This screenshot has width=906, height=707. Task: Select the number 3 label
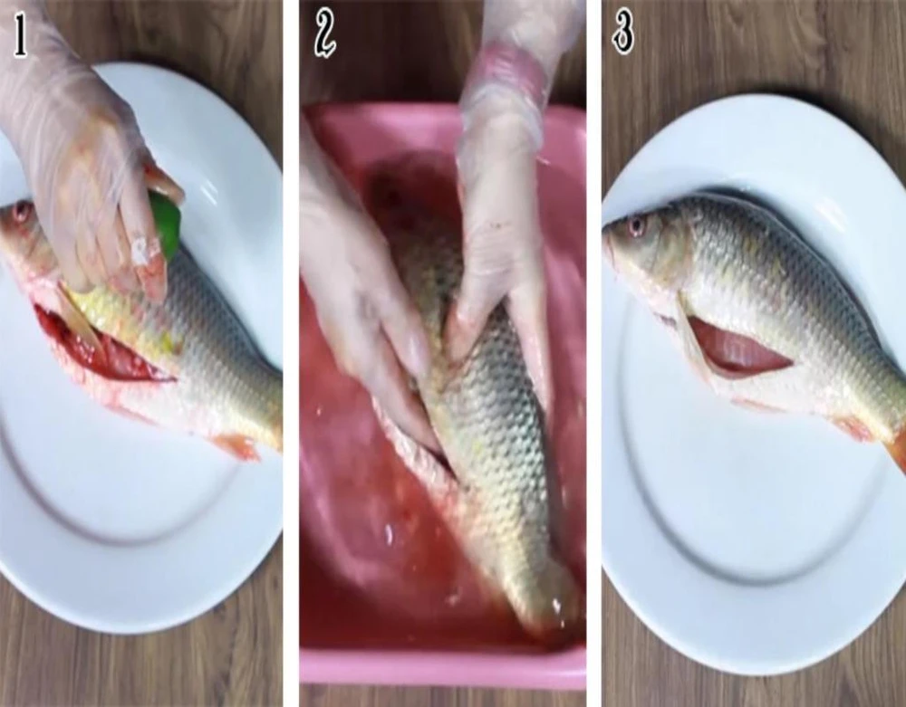click(623, 33)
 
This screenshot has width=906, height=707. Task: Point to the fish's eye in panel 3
click(637, 225)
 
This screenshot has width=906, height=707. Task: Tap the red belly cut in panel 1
click(98, 348)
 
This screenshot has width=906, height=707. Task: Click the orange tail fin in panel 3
click(896, 448)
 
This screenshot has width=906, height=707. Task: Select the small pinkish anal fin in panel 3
click(853, 428)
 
